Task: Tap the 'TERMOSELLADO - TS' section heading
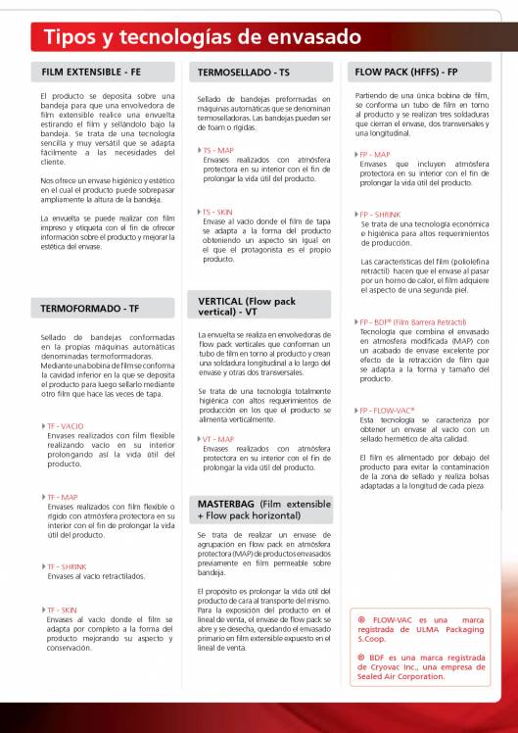(243, 73)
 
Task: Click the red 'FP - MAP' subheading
(376, 154)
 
